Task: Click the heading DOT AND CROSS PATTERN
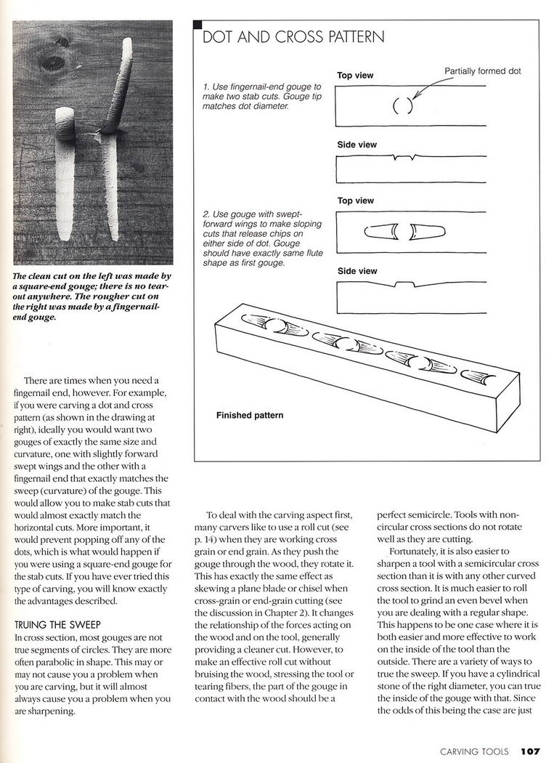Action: click(x=293, y=37)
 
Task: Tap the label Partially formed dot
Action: click(x=482, y=71)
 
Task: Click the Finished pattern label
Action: click(x=249, y=416)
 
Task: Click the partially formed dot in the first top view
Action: click(x=402, y=106)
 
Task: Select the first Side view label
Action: click(x=357, y=145)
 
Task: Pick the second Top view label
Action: click(x=355, y=201)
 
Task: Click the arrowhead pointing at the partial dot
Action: click(x=412, y=97)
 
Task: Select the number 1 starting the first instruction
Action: click(x=205, y=88)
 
